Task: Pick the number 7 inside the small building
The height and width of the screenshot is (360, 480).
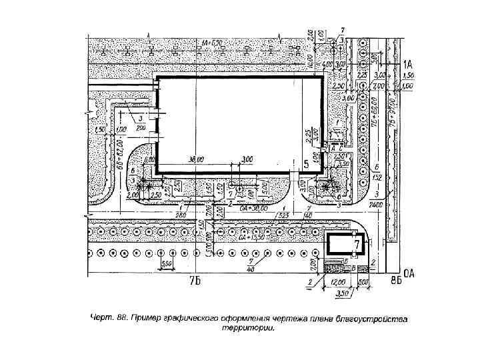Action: point(357,246)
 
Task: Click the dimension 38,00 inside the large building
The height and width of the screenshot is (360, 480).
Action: point(197,160)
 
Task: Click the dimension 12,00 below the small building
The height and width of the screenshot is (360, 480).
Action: point(339,282)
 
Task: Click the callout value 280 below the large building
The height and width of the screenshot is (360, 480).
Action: point(181,214)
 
